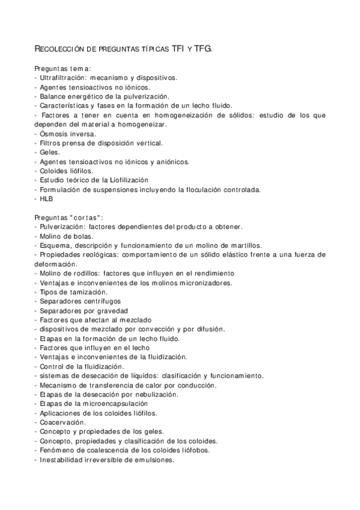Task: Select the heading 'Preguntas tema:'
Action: [x=63, y=69]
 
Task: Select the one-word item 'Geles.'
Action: [x=48, y=152]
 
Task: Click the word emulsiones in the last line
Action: [x=153, y=459]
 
